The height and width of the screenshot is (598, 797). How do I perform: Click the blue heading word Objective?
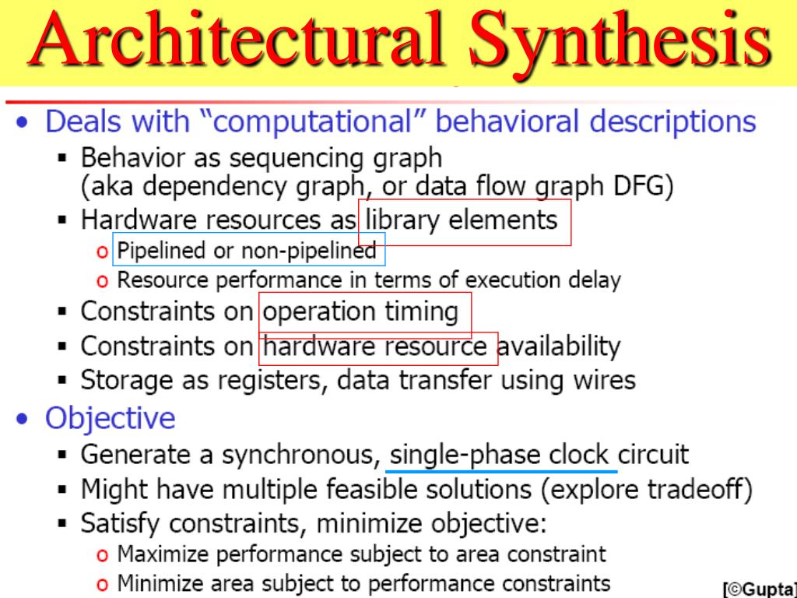110,418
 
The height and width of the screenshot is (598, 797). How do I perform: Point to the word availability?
560,346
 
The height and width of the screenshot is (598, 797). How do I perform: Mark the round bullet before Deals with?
28,124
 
